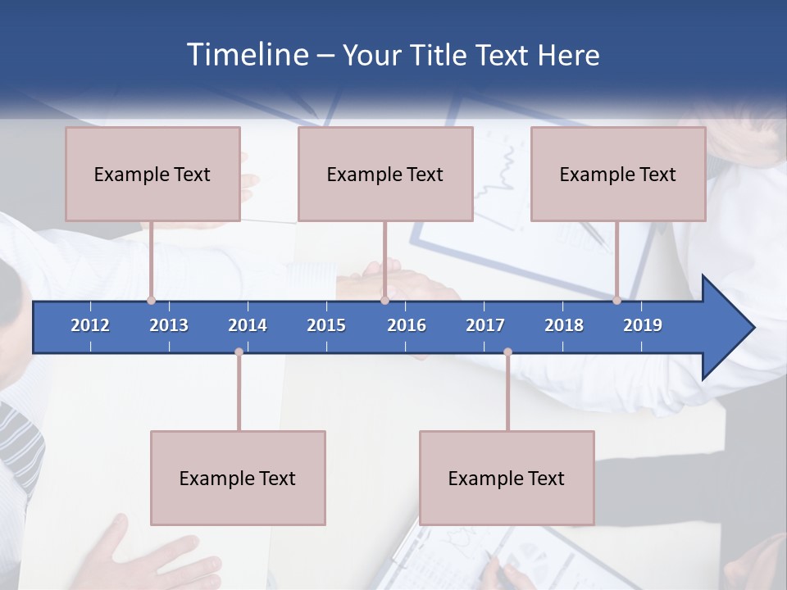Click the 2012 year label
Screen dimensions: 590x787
tap(90, 325)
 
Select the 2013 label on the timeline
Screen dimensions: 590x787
tap(169, 325)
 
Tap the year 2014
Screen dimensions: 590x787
tap(248, 325)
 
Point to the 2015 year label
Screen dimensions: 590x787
tap(326, 325)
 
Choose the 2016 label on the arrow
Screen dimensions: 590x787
tap(407, 325)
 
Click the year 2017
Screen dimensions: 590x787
tap(485, 325)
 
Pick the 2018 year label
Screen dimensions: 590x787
tap(564, 325)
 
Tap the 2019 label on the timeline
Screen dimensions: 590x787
tap(643, 325)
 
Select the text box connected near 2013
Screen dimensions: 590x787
tap(152, 174)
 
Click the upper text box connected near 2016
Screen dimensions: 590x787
tap(385, 174)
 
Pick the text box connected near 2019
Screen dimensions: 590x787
tap(618, 174)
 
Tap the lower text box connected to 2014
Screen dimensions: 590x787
tap(238, 478)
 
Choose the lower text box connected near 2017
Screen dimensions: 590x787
tap(507, 478)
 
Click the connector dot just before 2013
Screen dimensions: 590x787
tap(152, 300)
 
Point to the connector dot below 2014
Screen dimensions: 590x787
tap(239, 352)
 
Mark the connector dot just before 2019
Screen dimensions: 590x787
tap(617, 300)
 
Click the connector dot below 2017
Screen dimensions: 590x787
tap(507, 352)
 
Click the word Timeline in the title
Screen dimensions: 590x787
tap(247, 55)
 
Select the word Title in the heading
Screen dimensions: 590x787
tap(442, 56)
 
